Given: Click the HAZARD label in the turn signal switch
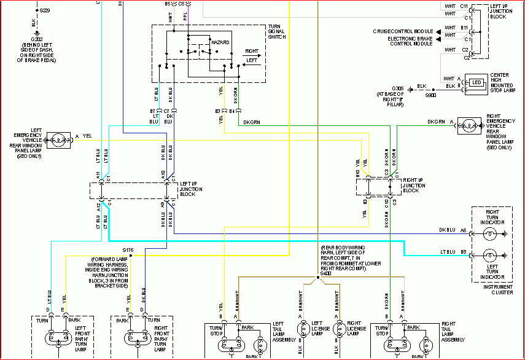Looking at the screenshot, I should [x=220, y=43].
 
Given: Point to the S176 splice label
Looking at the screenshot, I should [x=128, y=250].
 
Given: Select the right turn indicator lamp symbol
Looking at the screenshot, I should [x=489, y=233].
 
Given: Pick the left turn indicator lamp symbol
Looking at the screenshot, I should [x=489, y=254].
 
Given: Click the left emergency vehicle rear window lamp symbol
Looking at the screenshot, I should [x=58, y=138].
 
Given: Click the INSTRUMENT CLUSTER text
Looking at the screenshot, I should [x=495, y=290].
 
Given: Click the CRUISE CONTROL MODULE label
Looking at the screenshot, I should [x=402, y=31].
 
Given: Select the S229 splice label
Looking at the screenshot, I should [x=45, y=11].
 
